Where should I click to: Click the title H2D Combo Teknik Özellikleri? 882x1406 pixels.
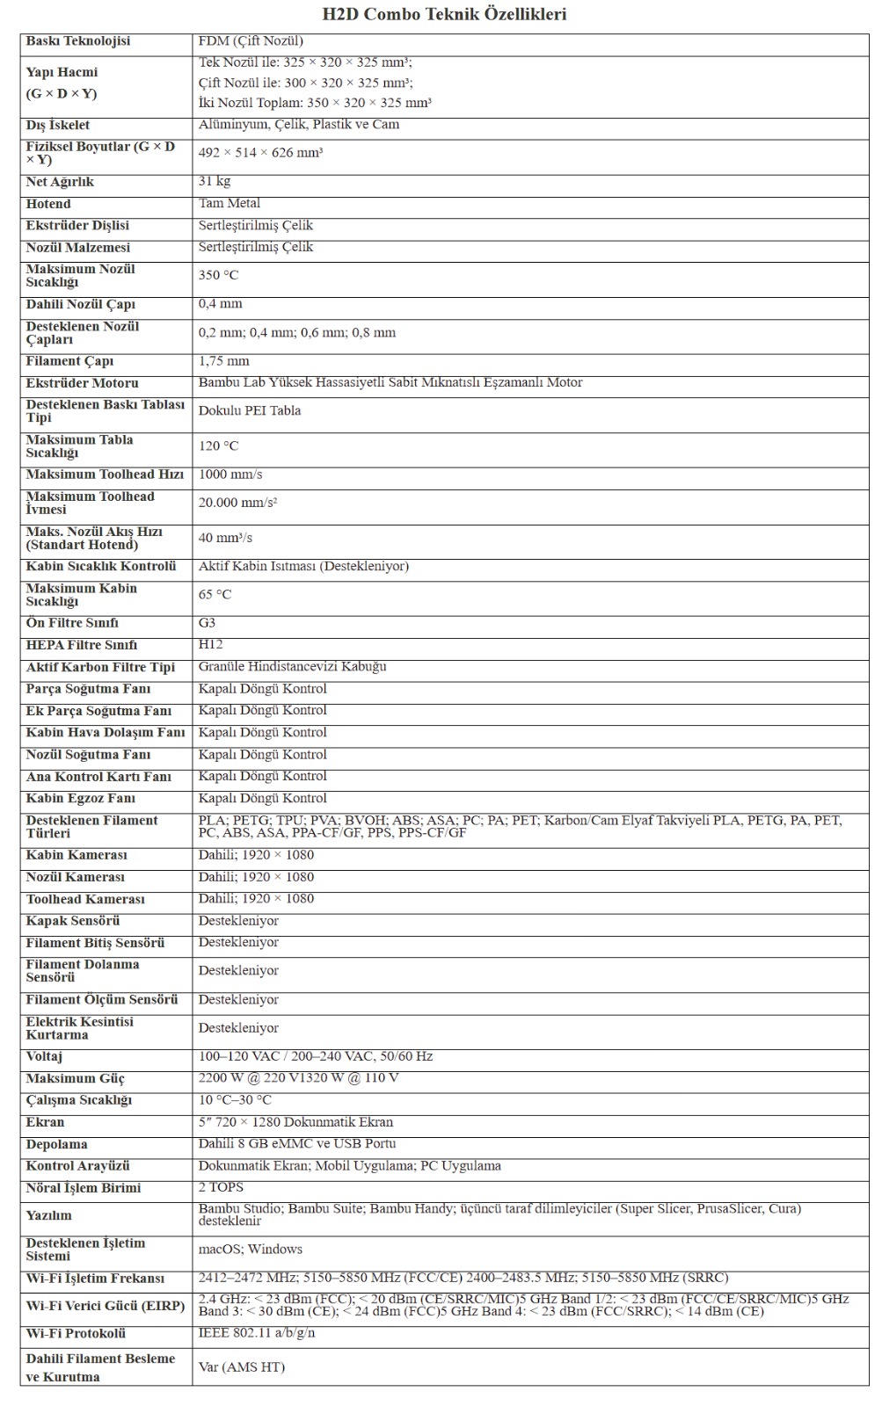(444, 14)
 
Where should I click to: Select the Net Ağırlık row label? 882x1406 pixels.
(60, 182)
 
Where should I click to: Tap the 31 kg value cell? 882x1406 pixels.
(215, 181)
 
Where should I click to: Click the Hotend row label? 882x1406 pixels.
(48, 204)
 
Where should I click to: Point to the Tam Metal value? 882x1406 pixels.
(230, 203)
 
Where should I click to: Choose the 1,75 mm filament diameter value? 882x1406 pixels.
(223, 361)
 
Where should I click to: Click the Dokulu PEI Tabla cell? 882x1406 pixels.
(250, 410)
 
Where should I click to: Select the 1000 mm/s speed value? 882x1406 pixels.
(230, 475)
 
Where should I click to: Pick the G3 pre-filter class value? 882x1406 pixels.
(207, 623)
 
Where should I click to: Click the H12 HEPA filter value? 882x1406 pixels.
(211, 644)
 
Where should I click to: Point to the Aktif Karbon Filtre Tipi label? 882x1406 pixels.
(100, 667)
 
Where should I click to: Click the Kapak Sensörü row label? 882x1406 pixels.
(73, 921)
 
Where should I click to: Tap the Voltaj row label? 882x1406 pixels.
(45, 1056)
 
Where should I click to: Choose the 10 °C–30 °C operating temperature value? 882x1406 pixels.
(235, 1100)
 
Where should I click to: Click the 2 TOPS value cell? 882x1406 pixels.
(222, 1187)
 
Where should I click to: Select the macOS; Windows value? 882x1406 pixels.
(251, 1249)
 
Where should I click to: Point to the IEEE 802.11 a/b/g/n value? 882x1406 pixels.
(257, 1333)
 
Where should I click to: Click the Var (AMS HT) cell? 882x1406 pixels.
(242, 1367)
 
